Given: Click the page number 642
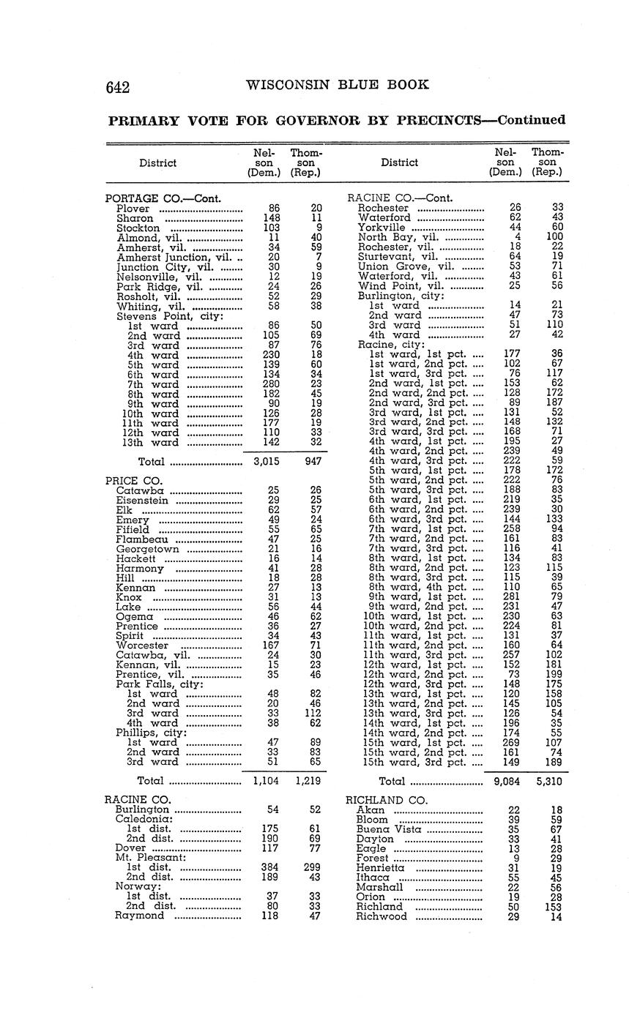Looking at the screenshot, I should click(118, 87).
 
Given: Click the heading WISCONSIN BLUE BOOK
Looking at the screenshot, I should click(338, 84).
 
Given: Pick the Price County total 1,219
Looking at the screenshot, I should click(311, 781).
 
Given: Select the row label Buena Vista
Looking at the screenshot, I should click(388, 829).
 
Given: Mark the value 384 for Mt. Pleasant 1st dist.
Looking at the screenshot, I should click(269, 867).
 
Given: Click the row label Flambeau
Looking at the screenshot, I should click(142, 539).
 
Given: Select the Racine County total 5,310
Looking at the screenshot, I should click(549, 781).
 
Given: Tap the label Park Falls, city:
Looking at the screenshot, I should click(159, 684).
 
